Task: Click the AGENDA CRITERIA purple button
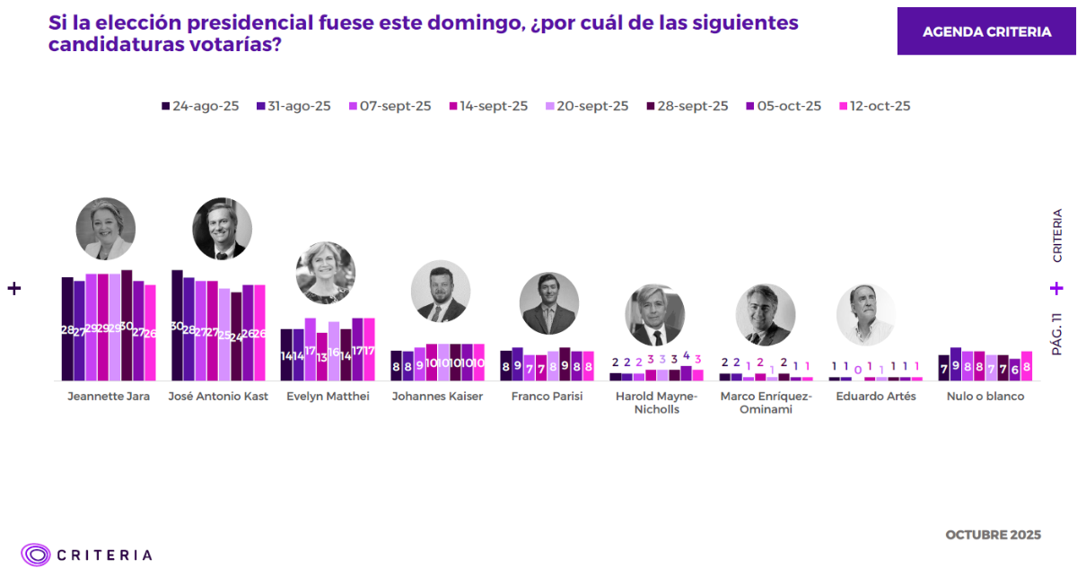coord(986,31)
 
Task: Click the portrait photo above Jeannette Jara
coord(105,229)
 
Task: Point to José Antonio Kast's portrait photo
coord(222,229)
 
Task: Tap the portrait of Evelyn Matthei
coord(325,272)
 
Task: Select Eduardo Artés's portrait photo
coord(866,315)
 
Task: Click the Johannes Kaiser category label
coord(437,396)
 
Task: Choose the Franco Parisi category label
coord(547,396)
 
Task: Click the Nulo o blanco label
coord(985,396)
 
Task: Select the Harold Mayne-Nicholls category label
coord(655,402)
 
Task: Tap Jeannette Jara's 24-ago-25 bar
coord(67,328)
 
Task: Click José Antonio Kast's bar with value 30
coord(177,325)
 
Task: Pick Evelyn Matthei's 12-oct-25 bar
coord(369,349)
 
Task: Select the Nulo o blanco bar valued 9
coord(956,363)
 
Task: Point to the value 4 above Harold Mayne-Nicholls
coord(687,356)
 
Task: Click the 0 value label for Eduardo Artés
coord(858,369)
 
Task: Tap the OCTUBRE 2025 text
coord(993,535)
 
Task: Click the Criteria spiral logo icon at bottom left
coord(36,555)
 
